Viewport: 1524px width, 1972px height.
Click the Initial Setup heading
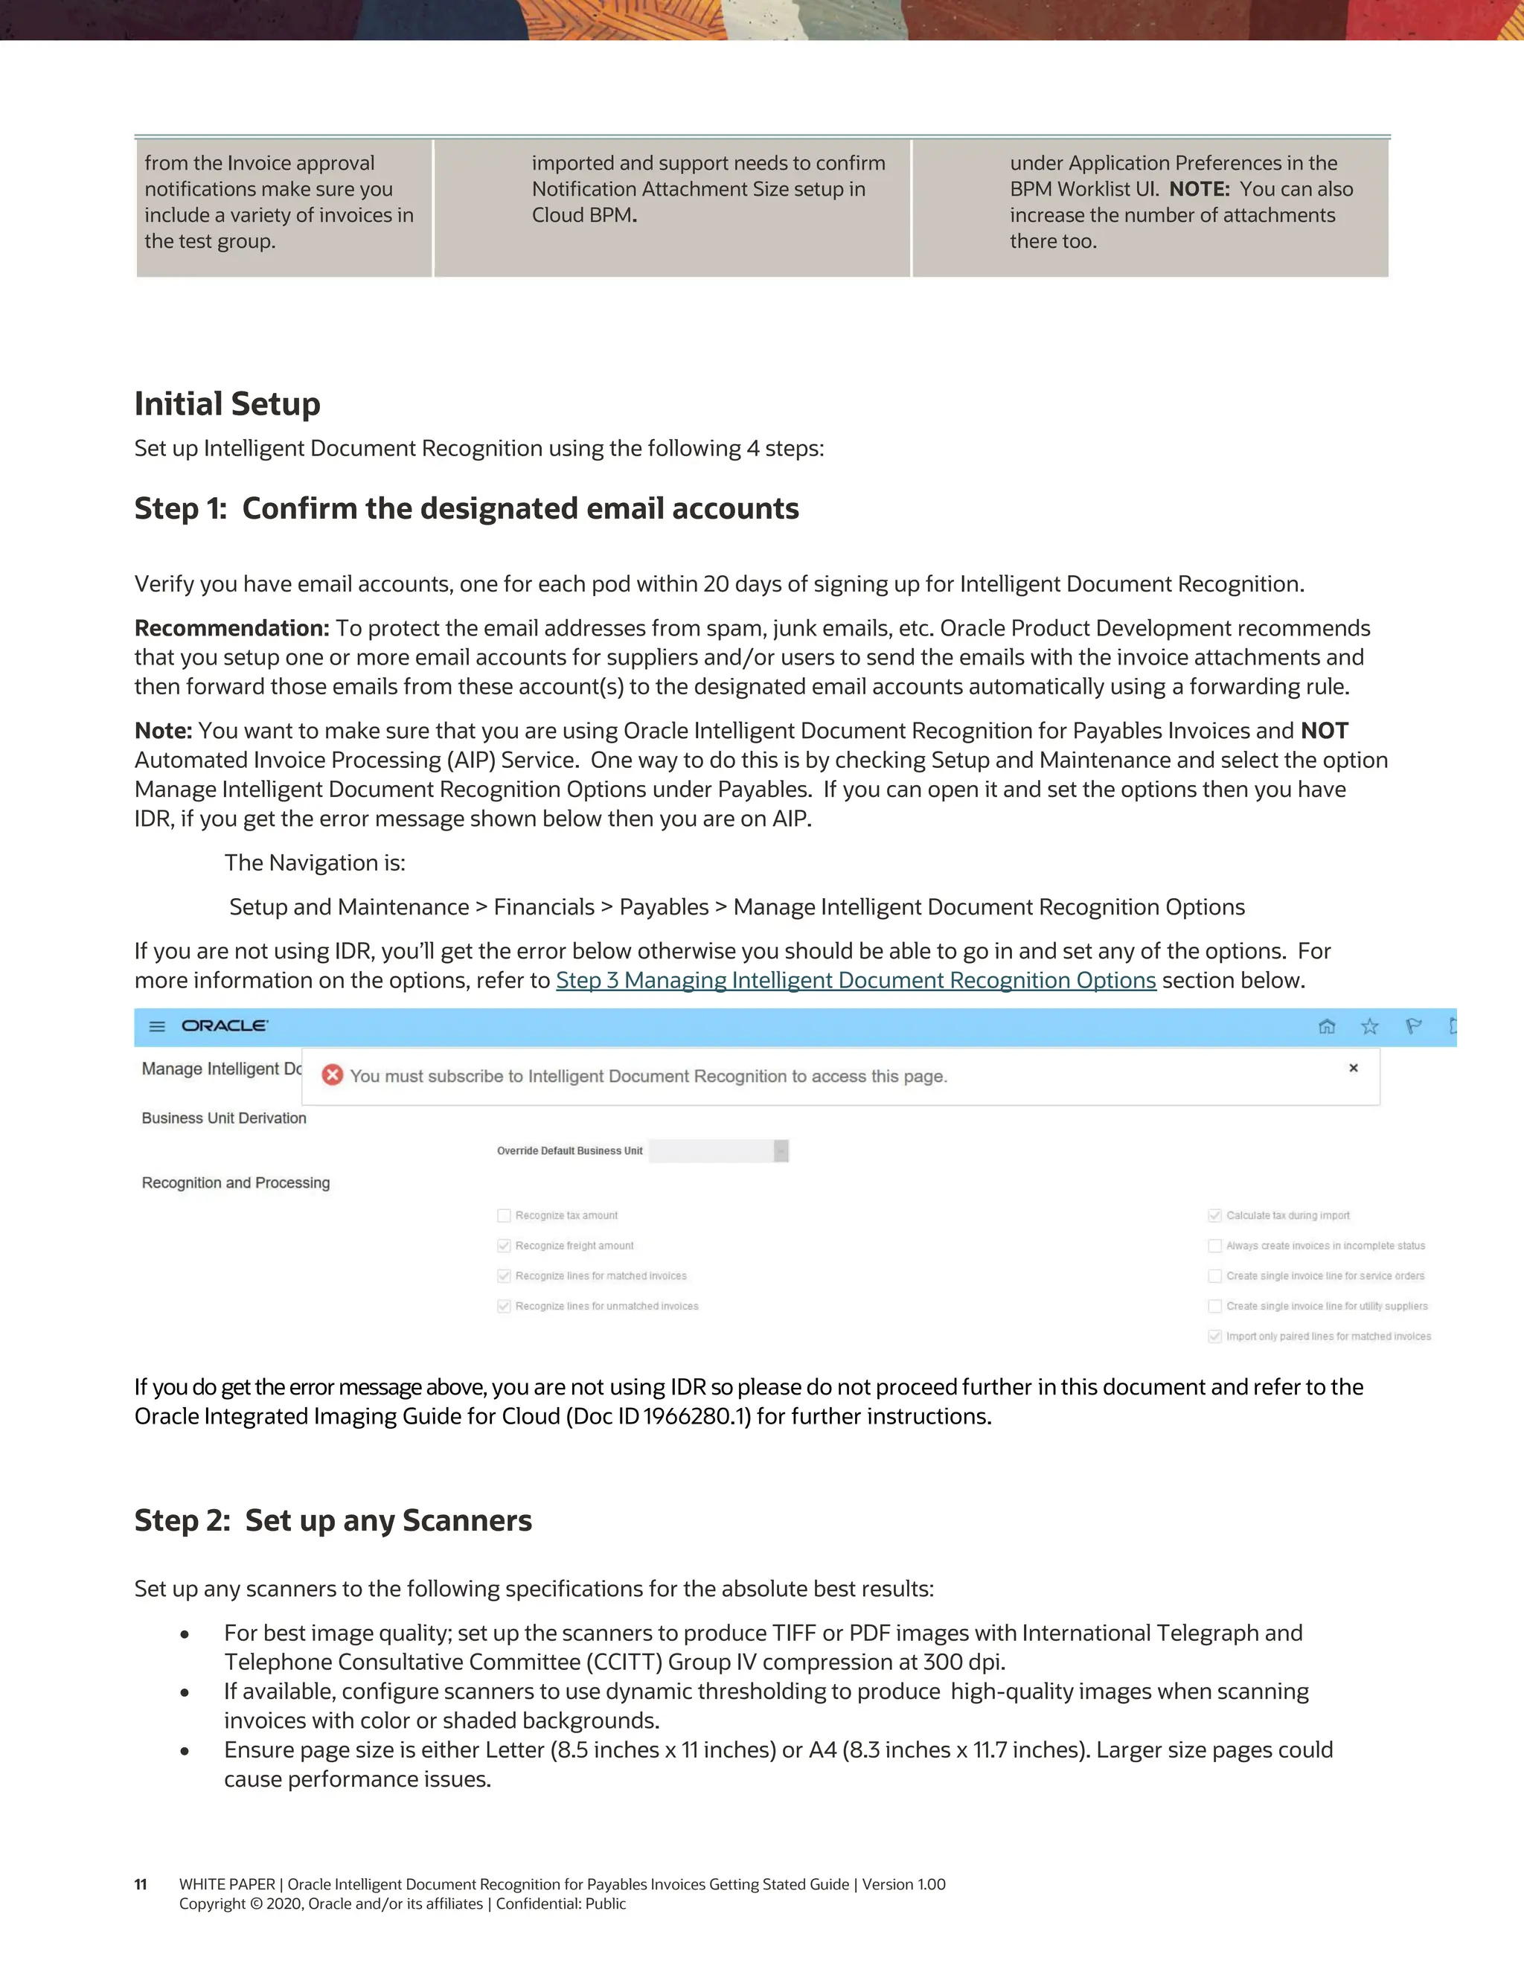pos(227,403)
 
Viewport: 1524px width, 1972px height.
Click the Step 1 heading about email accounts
pos(466,508)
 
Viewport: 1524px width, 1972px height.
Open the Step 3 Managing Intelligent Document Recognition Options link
pos(855,981)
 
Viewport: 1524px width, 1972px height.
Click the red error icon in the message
pos(332,1075)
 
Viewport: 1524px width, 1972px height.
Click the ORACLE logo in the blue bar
pos(224,1025)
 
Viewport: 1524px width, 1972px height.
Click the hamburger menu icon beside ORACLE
pos(157,1027)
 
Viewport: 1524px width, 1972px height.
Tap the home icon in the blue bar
pos(1326,1027)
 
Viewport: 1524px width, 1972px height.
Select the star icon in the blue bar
pos(1370,1027)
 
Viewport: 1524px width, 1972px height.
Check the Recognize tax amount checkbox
pos(504,1215)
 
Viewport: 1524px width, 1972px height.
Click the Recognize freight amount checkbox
pos(504,1246)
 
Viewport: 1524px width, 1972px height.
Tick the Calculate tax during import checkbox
pos(1214,1215)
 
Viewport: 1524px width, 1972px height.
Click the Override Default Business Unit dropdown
pos(719,1150)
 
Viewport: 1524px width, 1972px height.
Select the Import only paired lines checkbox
pos(1214,1336)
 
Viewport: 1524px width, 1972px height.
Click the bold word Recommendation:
pos(232,629)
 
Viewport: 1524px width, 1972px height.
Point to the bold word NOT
pos(1324,731)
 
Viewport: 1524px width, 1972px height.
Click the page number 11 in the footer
pos(141,1884)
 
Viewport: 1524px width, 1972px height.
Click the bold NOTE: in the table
pos(1199,190)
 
